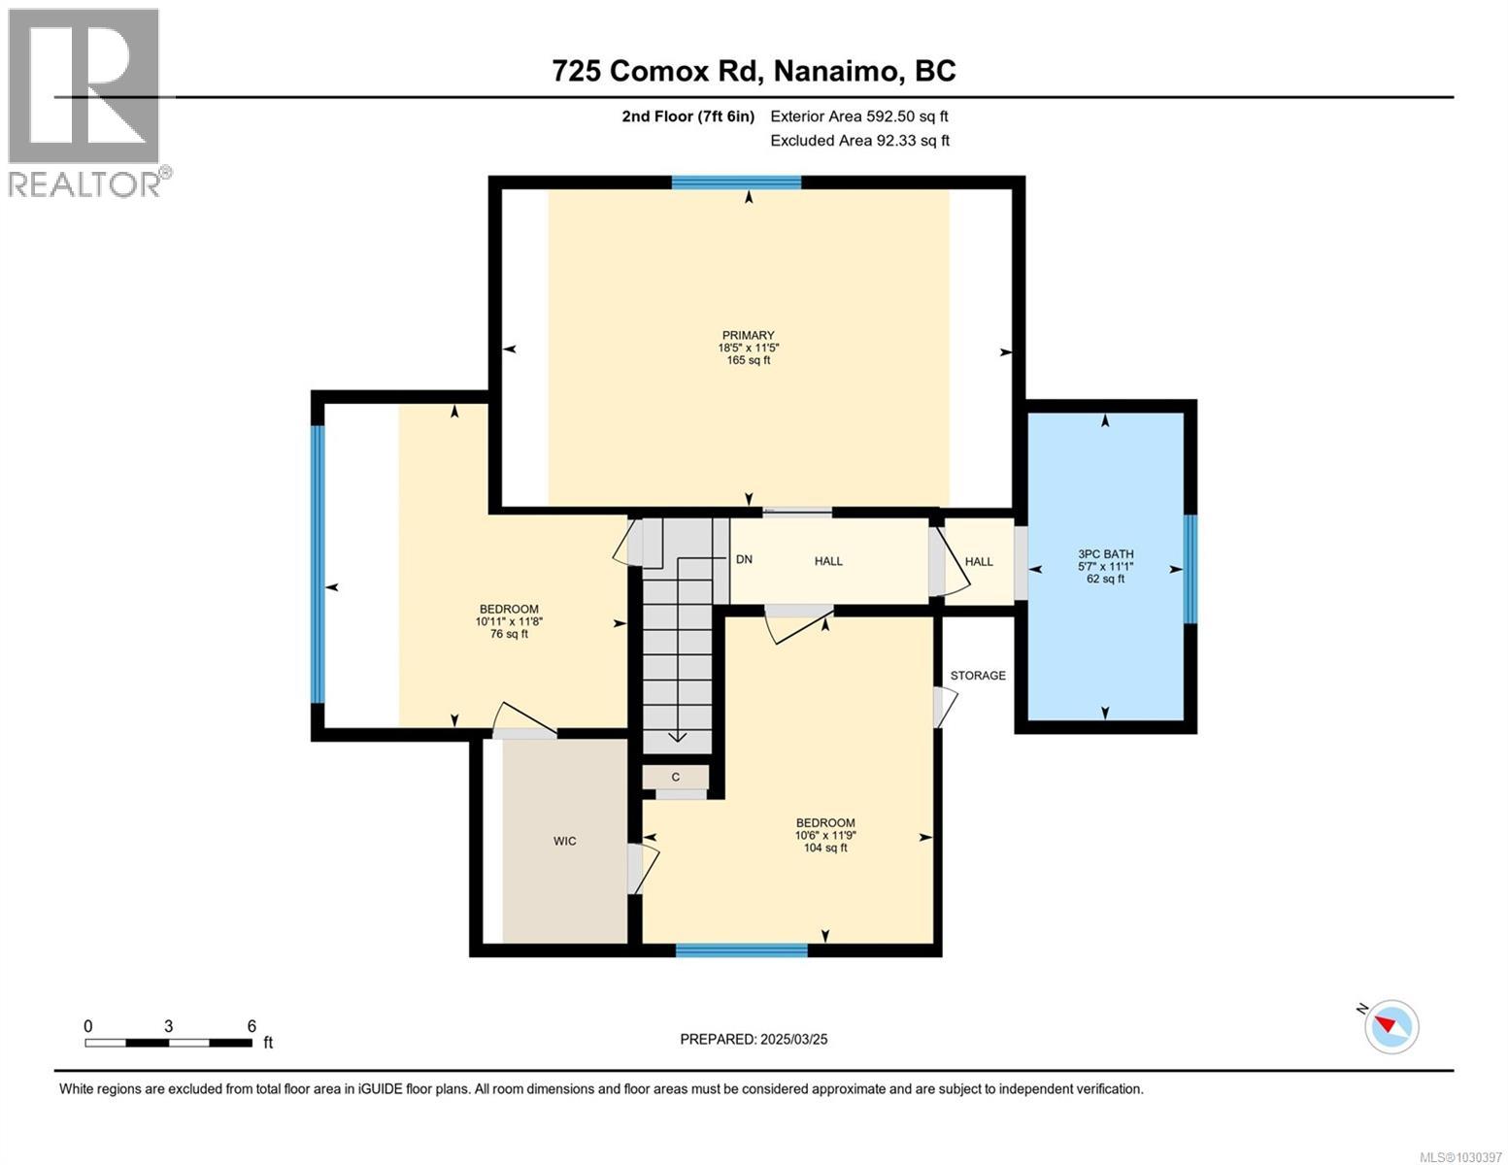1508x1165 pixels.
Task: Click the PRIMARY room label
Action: [748, 336]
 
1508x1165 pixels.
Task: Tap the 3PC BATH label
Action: [1105, 554]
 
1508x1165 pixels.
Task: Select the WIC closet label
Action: [564, 841]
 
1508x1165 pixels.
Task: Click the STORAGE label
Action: [977, 676]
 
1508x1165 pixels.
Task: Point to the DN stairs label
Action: [744, 560]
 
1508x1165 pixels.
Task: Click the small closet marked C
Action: [675, 778]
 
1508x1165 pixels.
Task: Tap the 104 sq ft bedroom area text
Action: [824, 848]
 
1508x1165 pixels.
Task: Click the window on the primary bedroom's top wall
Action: [736, 183]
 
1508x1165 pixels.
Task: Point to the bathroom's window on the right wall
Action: [1190, 569]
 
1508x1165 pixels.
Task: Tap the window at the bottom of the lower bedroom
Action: [741, 950]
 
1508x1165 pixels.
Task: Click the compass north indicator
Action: [1391, 1025]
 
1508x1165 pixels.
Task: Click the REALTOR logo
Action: [85, 102]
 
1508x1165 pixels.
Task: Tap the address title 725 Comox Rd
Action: [754, 71]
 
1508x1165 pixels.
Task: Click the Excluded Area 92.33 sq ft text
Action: [859, 141]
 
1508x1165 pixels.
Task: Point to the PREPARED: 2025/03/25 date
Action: [754, 1039]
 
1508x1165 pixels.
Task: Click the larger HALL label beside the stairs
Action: [828, 561]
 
